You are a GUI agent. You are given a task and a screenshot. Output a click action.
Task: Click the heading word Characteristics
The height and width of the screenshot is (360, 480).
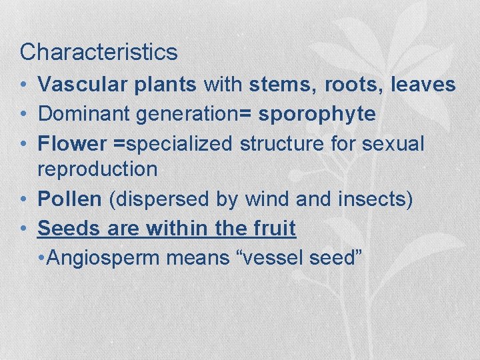tap(99, 52)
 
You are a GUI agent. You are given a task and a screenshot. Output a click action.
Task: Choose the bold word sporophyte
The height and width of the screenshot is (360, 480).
tap(317, 115)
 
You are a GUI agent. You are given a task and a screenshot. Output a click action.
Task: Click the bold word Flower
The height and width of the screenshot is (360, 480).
tap(72, 143)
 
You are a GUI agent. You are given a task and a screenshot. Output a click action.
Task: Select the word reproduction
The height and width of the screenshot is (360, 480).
tap(97, 170)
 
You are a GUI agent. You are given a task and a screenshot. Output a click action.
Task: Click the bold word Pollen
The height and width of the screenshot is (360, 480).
tap(69, 199)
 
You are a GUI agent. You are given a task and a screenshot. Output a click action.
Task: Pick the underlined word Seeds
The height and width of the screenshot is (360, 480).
tap(66, 228)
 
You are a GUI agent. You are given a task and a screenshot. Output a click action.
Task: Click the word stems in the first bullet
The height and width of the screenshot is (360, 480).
tap(277, 85)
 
